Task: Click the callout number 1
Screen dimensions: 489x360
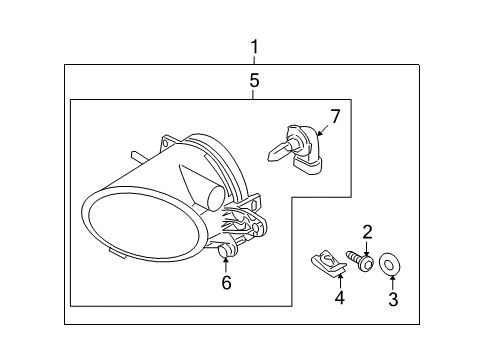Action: (254, 46)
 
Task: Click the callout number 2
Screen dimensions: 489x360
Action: (367, 232)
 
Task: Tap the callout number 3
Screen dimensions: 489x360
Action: (392, 298)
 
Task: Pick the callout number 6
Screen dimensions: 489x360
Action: (226, 283)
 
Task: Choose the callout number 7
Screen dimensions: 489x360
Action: (336, 117)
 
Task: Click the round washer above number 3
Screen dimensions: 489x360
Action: (391, 266)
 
